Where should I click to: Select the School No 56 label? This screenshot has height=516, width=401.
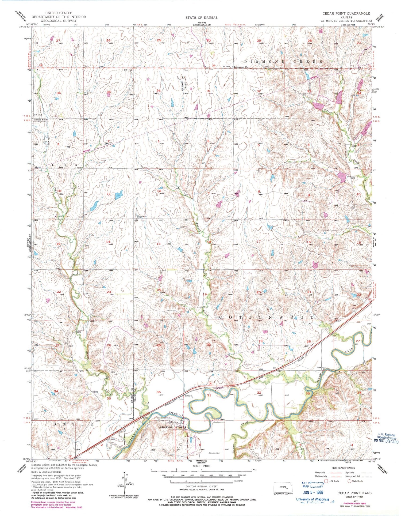(41, 119)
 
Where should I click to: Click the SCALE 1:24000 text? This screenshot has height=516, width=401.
(202, 466)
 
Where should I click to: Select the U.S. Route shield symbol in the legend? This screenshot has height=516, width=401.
(326, 481)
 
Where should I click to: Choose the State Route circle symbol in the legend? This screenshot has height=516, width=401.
(349, 481)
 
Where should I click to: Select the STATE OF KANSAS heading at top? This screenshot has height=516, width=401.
(202, 17)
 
